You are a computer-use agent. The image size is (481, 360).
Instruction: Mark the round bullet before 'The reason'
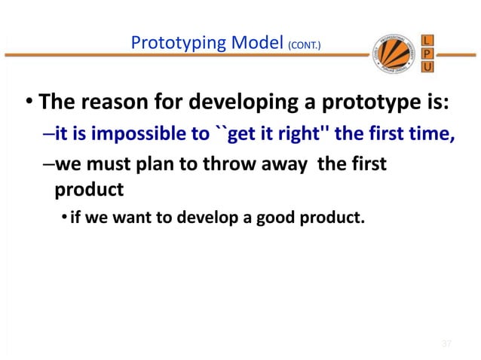click(x=28, y=101)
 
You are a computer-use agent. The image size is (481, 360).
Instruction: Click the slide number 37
click(x=446, y=344)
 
